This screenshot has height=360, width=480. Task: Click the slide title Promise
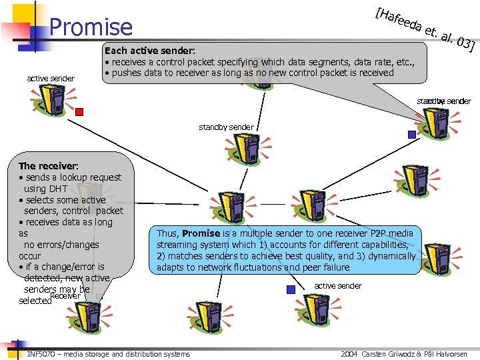(91, 27)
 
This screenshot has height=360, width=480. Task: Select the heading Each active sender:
(150, 51)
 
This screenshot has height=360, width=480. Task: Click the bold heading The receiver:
(49, 165)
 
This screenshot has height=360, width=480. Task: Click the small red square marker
(79, 111)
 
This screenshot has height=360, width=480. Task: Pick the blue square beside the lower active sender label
(290, 289)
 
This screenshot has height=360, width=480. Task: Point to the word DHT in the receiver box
(54, 189)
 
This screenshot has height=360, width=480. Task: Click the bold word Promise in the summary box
(201, 233)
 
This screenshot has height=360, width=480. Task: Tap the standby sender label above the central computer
(226, 127)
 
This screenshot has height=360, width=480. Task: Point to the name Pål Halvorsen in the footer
(451, 354)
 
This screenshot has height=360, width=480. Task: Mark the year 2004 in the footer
(351, 354)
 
